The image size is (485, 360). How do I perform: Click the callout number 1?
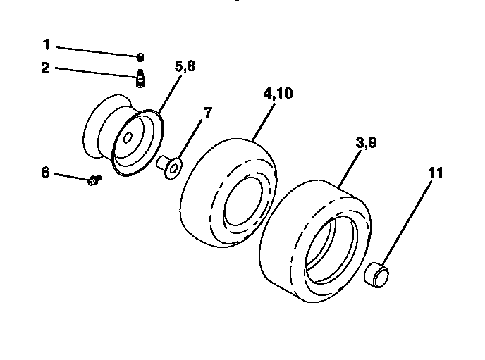[x=47, y=45]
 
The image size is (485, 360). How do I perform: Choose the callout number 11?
[x=436, y=172]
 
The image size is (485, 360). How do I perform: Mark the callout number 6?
[x=45, y=171]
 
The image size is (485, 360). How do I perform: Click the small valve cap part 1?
[x=140, y=57]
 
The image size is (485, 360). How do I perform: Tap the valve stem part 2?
[x=140, y=79]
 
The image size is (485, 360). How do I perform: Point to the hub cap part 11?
[x=376, y=273]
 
